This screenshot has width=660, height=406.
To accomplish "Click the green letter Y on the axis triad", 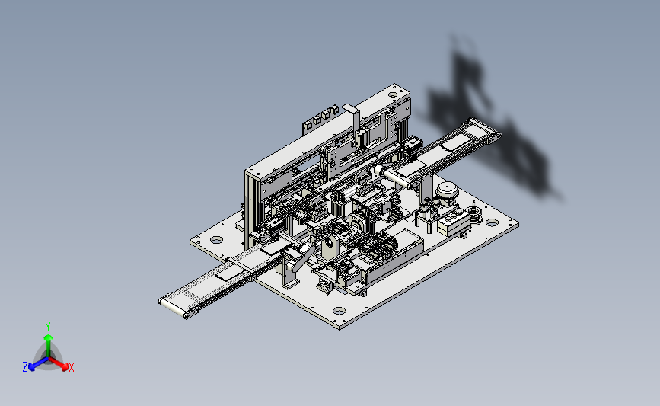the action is pyautogui.click(x=48, y=327).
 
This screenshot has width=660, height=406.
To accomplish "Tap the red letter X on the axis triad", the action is pyautogui.click(x=71, y=367).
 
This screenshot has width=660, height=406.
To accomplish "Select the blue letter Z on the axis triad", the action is pyautogui.click(x=25, y=367).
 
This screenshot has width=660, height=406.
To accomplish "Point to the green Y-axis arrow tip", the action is pyautogui.click(x=48, y=337).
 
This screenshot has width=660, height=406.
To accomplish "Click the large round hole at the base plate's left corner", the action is pyautogui.click(x=216, y=240).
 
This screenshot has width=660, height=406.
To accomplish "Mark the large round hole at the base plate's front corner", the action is pyautogui.click(x=339, y=311).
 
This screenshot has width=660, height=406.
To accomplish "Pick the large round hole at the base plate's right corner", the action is pyautogui.click(x=492, y=222).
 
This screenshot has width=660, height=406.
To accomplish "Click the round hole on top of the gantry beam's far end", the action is pyautogui.click(x=393, y=95).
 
